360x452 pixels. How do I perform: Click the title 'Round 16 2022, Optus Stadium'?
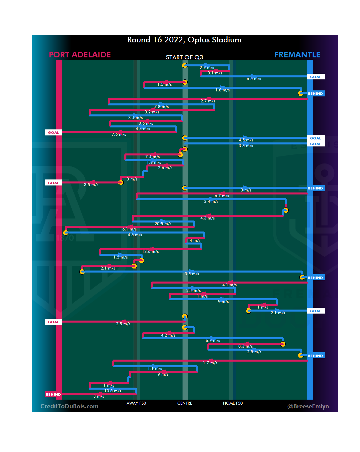tap(184, 40)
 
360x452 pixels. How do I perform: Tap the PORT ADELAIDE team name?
tap(80, 55)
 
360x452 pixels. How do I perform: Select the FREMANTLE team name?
tap(297, 55)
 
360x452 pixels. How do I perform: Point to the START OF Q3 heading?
tap(184, 57)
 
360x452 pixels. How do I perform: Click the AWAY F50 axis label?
tap(136, 403)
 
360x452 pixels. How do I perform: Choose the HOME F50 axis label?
tap(233, 403)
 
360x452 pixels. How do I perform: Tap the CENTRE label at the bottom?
tap(185, 403)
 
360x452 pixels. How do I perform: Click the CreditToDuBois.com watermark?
tap(69, 406)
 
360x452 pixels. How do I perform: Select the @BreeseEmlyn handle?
tap(308, 406)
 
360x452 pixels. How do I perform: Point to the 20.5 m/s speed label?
tap(163, 224)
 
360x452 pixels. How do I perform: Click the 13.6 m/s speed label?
tap(150, 252)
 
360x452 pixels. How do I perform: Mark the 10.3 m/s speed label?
tap(113, 391)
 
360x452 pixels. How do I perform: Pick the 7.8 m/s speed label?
tap(161, 107)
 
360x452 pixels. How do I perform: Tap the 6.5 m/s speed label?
tap(254, 79)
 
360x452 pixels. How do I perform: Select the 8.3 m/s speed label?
tap(245, 346)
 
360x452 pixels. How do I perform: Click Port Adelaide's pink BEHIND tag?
tap(53, 394)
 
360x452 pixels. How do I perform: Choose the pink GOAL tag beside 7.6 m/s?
tap(53, 132)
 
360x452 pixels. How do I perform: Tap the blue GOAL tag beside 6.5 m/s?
tap(315, 77)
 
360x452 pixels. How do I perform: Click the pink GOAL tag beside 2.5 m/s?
tap(53, 322)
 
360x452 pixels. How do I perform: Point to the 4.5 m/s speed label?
tap(246, 140)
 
